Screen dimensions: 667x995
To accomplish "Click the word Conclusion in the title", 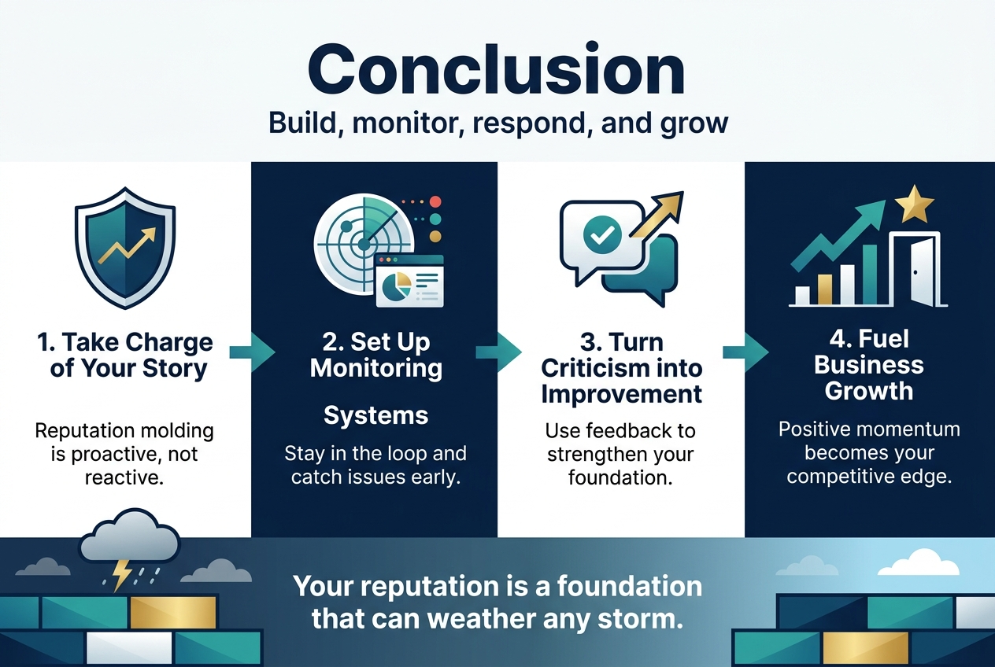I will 497,70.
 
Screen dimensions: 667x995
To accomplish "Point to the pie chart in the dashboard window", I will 392,288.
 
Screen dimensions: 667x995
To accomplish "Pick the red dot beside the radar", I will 435,202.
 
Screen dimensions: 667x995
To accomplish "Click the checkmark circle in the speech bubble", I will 602,232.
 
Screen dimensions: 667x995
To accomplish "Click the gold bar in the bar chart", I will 824,289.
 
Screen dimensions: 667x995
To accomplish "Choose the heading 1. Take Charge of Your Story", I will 125,355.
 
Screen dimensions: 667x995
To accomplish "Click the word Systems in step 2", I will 375,415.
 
